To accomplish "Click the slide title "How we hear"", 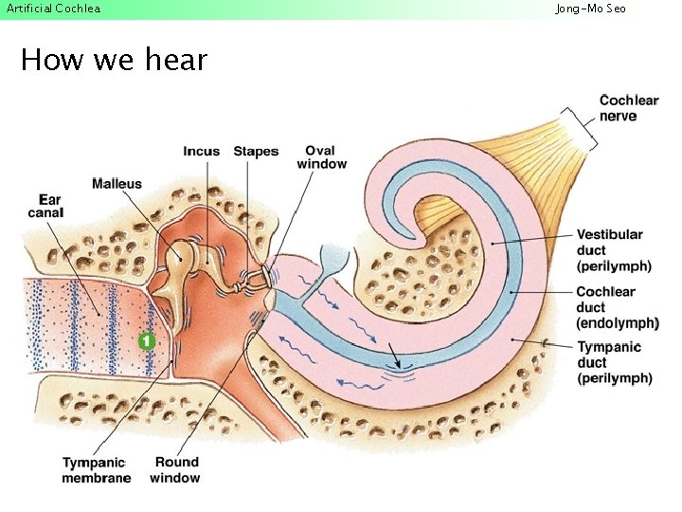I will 114,61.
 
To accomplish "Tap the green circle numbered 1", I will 146,339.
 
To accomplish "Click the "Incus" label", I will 201,152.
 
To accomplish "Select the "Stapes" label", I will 256,152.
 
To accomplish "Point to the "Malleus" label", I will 117,184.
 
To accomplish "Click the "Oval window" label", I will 322,157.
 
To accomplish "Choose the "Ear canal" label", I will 45,206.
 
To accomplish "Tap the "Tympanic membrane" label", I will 97,470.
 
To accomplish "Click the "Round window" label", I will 175,470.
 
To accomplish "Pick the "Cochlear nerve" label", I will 629,108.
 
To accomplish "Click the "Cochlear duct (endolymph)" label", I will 617,307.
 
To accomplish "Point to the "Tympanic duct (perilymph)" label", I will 614,363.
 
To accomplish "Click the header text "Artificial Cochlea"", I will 53,9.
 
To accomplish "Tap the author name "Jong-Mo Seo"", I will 590,9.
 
